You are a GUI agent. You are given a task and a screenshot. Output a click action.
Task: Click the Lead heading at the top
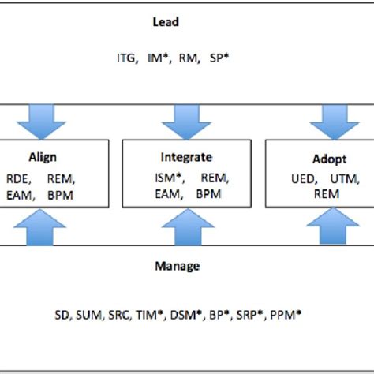click(x=165, y=23)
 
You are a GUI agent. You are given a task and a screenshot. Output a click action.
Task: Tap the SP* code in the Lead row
click(x=219, y=58)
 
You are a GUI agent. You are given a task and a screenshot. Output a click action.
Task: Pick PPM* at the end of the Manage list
click(x=284, y=314)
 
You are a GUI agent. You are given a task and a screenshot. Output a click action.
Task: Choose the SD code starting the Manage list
click(x=62, y=314)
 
